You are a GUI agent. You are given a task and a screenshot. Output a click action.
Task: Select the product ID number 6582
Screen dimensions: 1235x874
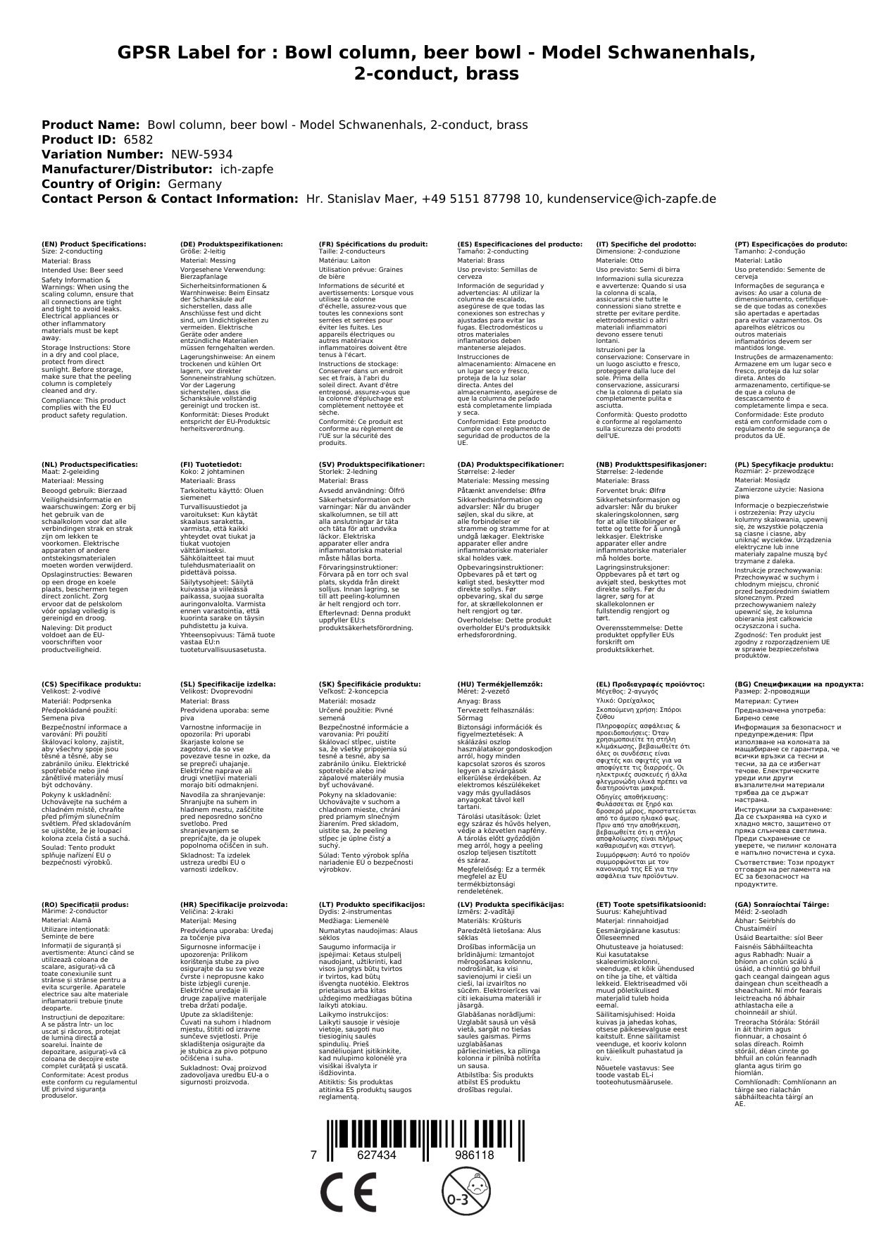pyautogui.click(x=137, y=139)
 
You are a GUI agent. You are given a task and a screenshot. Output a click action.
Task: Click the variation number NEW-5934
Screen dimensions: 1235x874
pyautogui.click(x=201, y=154)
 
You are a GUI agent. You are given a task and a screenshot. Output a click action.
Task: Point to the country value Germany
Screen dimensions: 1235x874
pyautogui.click(x=194, y=184)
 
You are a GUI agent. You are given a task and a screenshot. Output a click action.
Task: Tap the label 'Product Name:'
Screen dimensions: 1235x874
pyautogui.click(x=91, y=125)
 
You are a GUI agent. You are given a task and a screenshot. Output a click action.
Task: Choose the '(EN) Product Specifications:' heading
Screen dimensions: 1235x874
pyautogui.click(x=94, y=244)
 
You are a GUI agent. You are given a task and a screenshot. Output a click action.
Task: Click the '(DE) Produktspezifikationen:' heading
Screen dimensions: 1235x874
pyautogui.click(x=231, y=244)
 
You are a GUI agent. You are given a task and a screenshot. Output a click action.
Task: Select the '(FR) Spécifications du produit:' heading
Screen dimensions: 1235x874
pyautogui.click(x=373, y=244)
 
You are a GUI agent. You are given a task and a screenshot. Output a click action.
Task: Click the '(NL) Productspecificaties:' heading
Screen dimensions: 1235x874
pyautogui.click(x=89, y=465)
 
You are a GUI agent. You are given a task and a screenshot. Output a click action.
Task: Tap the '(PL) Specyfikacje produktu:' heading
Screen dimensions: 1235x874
pyautogui.click(x=783, y=465)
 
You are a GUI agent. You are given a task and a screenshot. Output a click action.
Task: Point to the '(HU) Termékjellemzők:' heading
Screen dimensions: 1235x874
pyautogui.click(x=501, y=684)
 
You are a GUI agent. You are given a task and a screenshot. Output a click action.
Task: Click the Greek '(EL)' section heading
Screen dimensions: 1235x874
pyautogui.click(x=650, y=684)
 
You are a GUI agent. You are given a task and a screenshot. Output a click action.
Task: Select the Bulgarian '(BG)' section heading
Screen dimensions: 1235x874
pyautogui.click(x=799, y=684)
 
